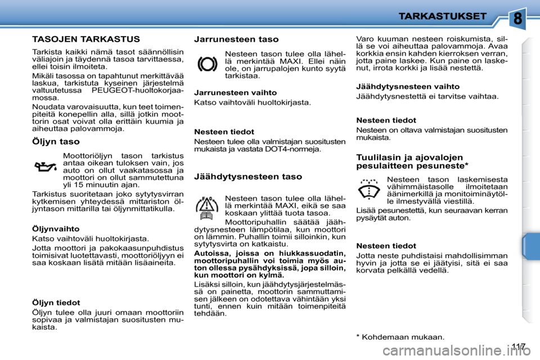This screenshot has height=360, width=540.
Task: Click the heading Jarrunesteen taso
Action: click(236, 39)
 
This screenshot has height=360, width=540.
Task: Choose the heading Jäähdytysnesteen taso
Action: click(247, 176)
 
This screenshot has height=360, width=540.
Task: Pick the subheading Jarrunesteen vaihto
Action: click(235, 92)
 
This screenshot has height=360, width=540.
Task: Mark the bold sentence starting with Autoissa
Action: click(269, 265)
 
